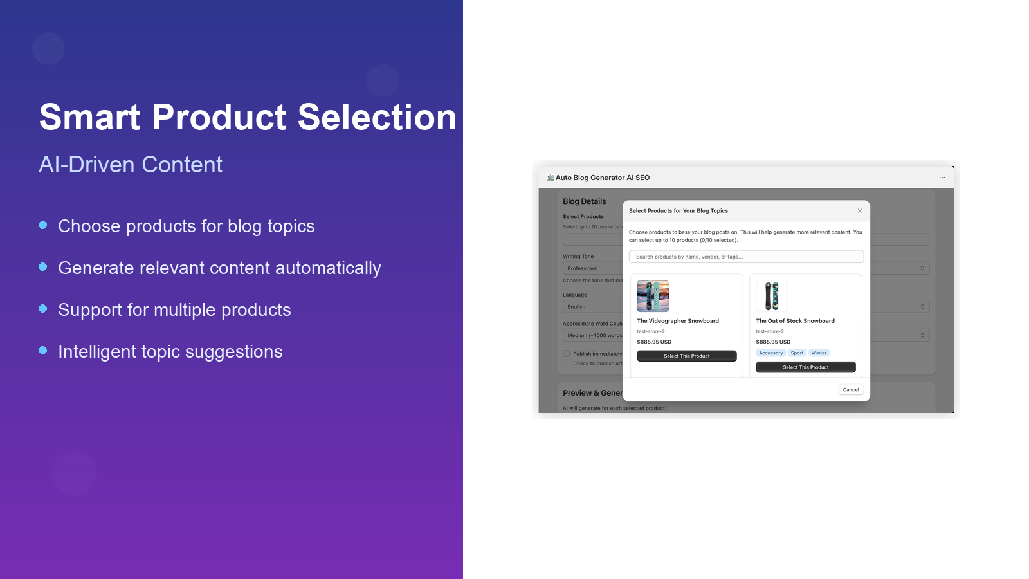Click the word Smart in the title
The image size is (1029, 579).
point(89,117)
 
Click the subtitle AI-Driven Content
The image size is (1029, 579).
point(131,165)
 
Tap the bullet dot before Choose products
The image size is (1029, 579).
point(43,225)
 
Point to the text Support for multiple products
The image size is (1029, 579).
point(174,310)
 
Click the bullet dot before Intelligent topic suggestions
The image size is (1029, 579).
point(43,351)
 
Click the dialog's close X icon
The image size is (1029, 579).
point(859,211)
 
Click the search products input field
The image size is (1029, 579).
point(746,257)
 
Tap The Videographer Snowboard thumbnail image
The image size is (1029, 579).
point(653,296)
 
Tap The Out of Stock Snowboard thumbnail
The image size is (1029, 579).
point(772,296)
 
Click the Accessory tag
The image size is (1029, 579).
point(770,353)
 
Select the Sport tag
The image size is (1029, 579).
point(797,353)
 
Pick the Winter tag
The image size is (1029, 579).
point(819,353)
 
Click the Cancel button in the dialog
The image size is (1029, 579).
point(850,390)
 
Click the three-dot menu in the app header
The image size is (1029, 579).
point(942,178)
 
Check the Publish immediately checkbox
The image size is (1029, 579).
point(567,354)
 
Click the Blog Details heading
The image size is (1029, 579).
point(584,201)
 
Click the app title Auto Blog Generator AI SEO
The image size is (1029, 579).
point(602,178)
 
